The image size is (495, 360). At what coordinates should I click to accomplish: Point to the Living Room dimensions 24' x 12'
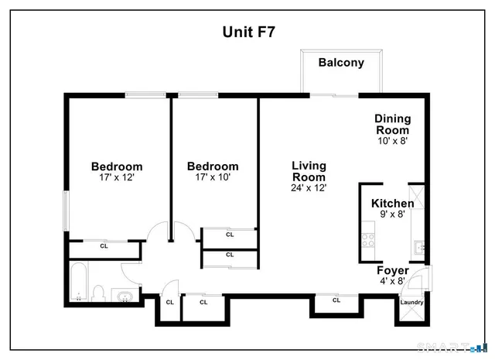coord(309,187)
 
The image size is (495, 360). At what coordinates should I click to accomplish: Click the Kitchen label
coord(392,204)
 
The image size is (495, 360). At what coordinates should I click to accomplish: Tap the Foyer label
coord(392,270)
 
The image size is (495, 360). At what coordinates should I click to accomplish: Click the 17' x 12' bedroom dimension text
coord(117,177)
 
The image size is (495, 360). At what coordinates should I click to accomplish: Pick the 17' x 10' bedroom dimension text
coord(213,177)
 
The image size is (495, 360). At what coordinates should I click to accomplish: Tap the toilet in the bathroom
coord(98,292)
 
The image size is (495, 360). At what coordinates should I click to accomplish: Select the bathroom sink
coord(124,295)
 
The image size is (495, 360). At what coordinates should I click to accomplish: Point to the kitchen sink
coord(418,248)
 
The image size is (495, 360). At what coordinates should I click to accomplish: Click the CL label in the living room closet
coord(336,300)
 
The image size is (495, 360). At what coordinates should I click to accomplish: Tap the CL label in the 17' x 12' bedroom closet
coord(104,246)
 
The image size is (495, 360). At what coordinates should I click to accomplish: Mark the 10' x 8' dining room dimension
coord(392,141)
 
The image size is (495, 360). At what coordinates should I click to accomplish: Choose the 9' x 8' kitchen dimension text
coord(392,214)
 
